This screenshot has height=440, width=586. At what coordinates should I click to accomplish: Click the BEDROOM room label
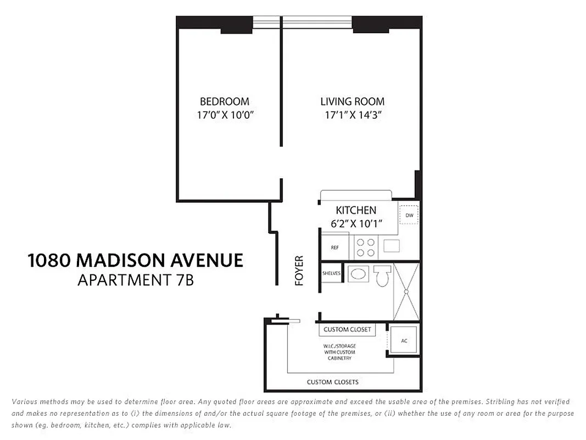pos(224,102)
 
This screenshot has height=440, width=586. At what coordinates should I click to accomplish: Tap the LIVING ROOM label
pos(352,102)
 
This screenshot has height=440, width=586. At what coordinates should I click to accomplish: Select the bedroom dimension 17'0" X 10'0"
pos(224,116)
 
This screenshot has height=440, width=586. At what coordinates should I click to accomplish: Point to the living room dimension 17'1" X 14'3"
pos(352,116)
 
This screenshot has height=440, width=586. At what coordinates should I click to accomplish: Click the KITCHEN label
pos(356,210)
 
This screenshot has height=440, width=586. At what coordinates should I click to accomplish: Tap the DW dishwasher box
pos(409,215)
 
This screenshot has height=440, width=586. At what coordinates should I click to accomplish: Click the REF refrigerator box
pos(334,248)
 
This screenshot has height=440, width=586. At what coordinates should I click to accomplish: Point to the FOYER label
pos(299,270)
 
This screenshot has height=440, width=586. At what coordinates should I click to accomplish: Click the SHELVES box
pos(332,273)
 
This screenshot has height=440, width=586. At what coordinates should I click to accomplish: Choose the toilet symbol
pos(381,275)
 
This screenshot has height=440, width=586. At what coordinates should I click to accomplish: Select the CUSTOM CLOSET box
pos(347,329)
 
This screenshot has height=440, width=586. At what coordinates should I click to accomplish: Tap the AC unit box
pos(404,341)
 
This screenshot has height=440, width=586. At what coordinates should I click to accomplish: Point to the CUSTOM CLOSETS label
pos(333,382)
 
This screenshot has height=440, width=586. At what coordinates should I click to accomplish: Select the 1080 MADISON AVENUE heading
pos(135,260)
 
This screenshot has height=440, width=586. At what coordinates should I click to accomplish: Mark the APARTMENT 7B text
pos(135,280)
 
